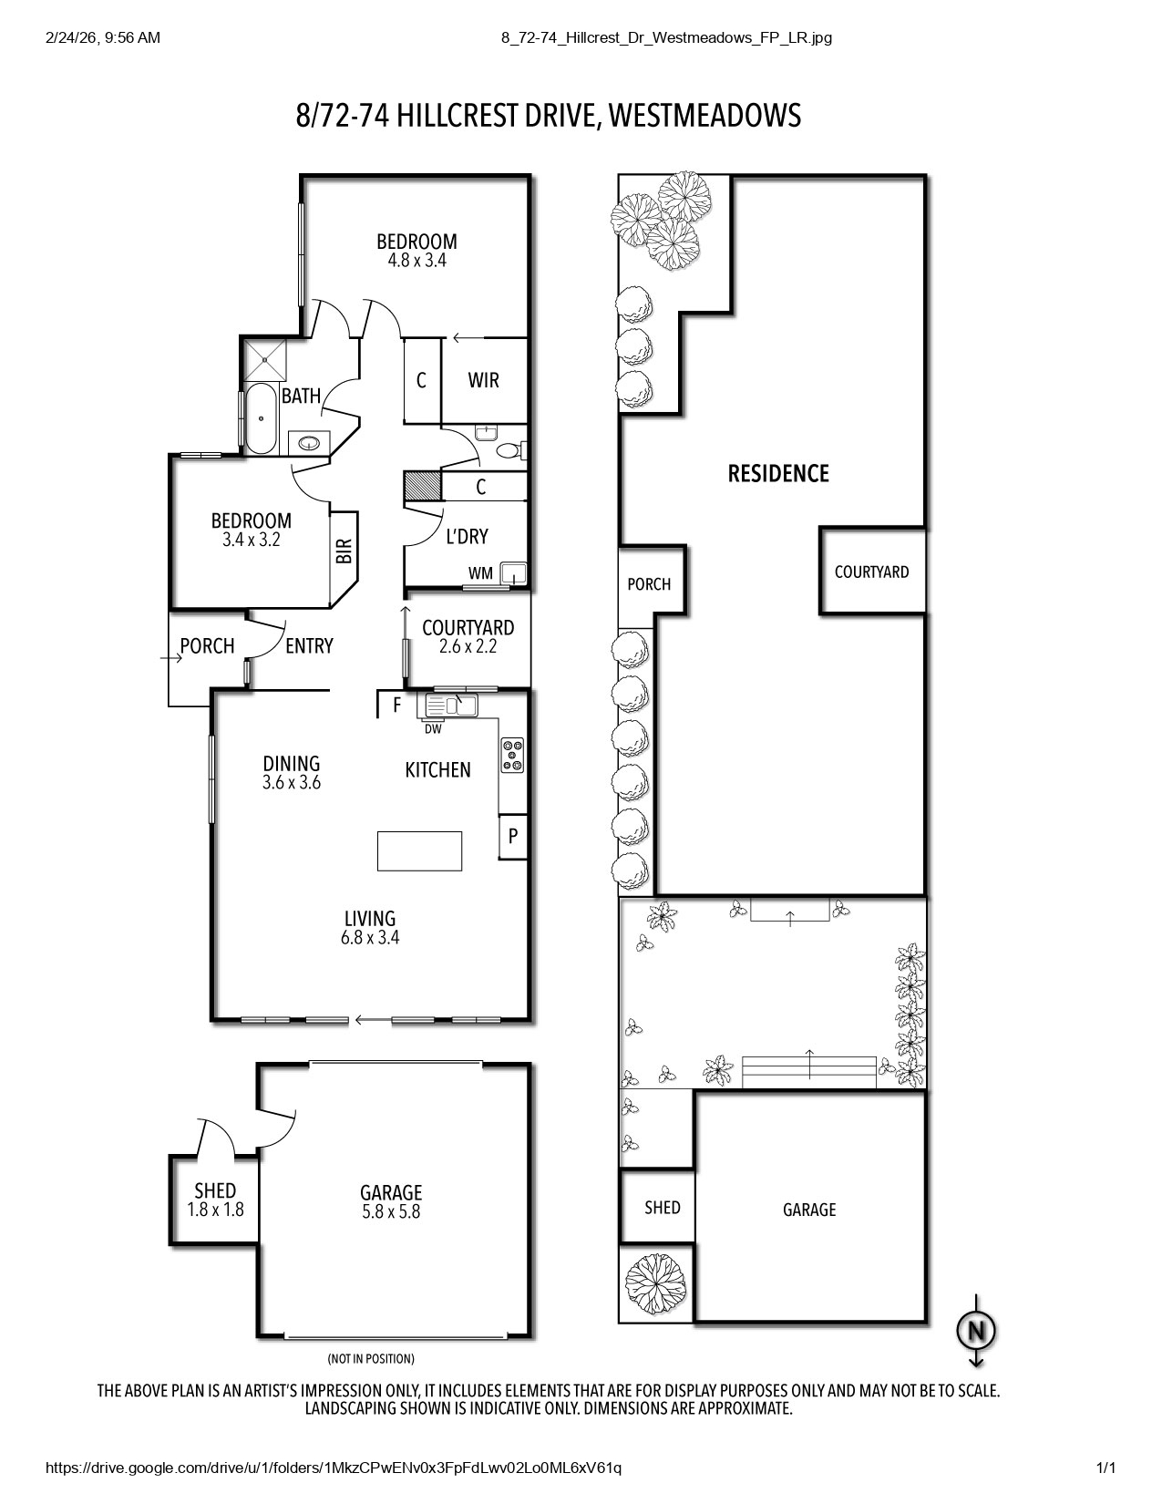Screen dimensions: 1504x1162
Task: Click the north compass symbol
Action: pos(975,1332)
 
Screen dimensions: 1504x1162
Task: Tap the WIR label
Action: pos(483,380)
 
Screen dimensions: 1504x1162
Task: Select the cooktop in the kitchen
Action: pos(513,755)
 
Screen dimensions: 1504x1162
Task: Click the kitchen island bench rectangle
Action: pos(419,850)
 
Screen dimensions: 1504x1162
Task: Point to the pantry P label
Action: pos(513,835)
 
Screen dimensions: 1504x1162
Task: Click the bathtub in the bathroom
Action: pos(261,418)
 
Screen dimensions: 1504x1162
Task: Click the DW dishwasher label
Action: pos(433,728)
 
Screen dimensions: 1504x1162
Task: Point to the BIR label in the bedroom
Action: pos(344,551)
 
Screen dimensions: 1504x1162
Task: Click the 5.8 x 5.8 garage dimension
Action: pos(391,1211)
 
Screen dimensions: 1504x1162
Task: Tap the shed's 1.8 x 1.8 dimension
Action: pos(215,1210)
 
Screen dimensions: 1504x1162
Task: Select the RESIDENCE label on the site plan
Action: pos(778,473)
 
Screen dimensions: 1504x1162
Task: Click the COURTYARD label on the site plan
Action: pos(871,572)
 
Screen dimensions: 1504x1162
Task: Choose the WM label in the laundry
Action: pos(480,573)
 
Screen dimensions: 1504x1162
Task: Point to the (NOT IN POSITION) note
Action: pos(371,1358)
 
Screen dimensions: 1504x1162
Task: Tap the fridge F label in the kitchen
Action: pos(396,705)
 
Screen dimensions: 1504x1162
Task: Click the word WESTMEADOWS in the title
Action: pos(704,116)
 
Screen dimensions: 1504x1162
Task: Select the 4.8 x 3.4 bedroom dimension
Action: pos(416,260)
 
